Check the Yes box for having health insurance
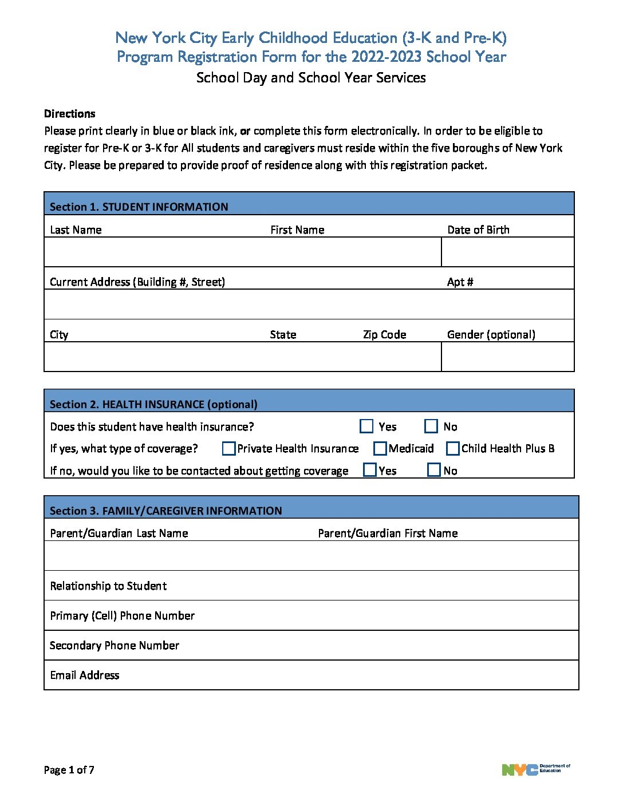pyautogui.click(x=366, y=426)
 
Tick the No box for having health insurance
pyautogui.click(x=431, y=426)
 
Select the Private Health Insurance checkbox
pyautogui.click(x=228, y=448)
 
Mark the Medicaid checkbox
pyautogui.click(x=380, y=448)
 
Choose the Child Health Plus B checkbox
pyautogui.click(x=453, y=448)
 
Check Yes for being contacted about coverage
pyautogui.click(x=370, y=470)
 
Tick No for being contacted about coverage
pyautogui.click(x=434, y=470)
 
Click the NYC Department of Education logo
pyautogui.click(x=536, y=769)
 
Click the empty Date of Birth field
pyautogui.click(x=507, y=252)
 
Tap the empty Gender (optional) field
pyautogui.click(x=507, y=357)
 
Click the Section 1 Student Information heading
pyautogui.click(x=139, y=207)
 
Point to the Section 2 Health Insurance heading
pyautogui.click(x=153, y=404)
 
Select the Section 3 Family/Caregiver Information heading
pyautogui.click(x=165, y=511)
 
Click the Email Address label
pyautogui.click(x=85, y=675)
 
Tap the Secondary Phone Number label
pyautogui.click(x=115, y=646)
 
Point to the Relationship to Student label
pyautogui.click(x=108, y=586)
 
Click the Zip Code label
pyautogui.click(x=384, y=335)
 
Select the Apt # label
pyautogui.click(x=460, y=282)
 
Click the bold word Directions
pyautogui.click(x=69, y=113)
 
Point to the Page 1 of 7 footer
pyautogui.click(x=69, y=770)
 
